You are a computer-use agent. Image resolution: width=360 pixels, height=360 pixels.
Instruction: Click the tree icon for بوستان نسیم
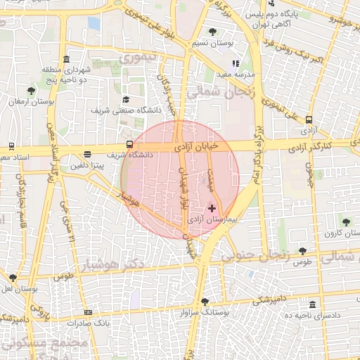213,32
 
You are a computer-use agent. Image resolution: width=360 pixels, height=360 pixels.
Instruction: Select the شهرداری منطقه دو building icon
66,59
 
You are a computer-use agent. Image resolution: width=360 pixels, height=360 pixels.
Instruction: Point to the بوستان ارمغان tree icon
31,91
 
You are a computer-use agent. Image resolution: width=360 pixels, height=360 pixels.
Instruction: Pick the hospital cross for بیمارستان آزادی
212,209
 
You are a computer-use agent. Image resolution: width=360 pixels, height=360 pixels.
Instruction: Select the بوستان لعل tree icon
13,278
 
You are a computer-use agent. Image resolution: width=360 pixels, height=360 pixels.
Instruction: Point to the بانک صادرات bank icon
88,312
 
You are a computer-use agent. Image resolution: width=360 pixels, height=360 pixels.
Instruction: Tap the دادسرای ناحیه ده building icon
313,304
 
